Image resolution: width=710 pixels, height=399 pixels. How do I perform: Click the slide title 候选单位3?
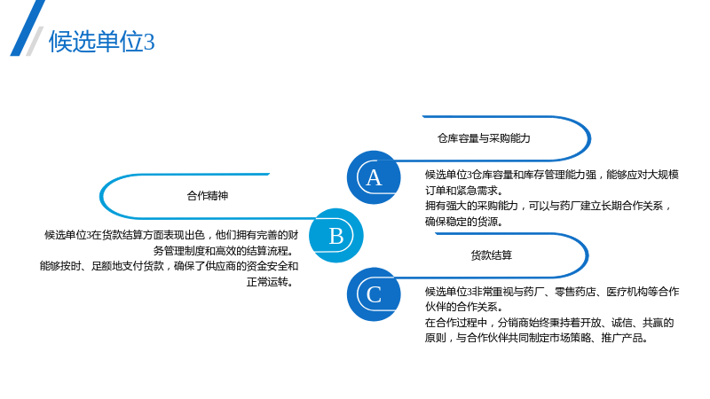click(102, 42)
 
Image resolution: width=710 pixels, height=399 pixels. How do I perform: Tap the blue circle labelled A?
click(374, 177)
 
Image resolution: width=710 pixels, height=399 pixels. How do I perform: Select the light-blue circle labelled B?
click(336, 235)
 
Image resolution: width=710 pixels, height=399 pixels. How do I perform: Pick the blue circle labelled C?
click(374, 294)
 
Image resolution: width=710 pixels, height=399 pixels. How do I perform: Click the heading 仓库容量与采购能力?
click(484, 138)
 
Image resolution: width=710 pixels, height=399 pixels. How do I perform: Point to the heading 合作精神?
click(208, 196)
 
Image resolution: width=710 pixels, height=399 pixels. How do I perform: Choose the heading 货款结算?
click(492, 255)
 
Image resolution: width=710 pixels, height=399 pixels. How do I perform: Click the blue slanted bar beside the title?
click(28, 28)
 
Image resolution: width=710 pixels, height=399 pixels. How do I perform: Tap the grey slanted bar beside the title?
click(35, 41)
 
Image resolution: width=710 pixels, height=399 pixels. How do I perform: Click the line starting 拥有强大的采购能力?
click(548, 206)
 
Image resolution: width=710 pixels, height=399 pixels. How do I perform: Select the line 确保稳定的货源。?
click(463, 222)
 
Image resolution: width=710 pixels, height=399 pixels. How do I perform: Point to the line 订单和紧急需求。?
click(463, 191)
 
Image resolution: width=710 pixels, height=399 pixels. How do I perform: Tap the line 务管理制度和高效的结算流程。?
click(225, 251)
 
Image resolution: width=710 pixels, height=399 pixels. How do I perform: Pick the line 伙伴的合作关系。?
click(463, 307)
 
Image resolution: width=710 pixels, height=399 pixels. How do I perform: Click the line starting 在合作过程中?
click(549, 323)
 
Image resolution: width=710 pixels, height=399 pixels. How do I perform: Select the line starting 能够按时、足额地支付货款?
click(169, 266)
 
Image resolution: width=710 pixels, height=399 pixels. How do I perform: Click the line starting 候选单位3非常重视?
click(552, 292)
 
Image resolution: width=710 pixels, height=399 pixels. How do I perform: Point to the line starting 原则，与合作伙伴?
click(537, 338)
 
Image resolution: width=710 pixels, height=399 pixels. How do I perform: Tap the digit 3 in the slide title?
click(149, 43)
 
